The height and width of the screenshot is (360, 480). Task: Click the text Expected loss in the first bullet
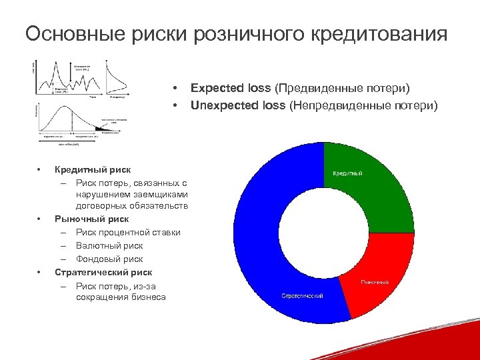pos(231,88)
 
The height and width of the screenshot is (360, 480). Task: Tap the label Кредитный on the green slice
pos(347,173)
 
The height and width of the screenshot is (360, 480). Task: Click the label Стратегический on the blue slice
pos(302,295)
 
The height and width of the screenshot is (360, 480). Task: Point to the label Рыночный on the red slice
pos(375,282)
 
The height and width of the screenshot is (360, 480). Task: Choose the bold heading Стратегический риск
pos(103,272)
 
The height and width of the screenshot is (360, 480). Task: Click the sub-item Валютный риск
pos(109,245)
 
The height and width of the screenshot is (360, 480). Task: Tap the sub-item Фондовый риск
pos(109,259)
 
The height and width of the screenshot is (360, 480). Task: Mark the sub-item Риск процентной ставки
pos(128,232)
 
